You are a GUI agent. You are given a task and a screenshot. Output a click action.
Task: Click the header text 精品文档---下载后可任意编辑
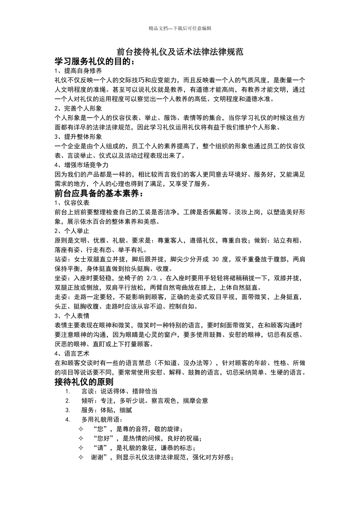(x=180, y=28)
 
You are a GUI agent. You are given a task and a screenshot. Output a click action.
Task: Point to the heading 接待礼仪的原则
(x=84, y=382)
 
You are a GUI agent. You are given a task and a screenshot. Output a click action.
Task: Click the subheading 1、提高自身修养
(x=78, y=71)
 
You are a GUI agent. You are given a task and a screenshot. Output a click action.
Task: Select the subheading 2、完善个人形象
(x=78, y=108)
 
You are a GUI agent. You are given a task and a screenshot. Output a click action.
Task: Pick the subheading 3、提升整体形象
(x=78, y=137)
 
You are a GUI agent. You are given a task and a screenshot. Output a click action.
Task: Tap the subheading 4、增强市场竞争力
(x=81, y=165)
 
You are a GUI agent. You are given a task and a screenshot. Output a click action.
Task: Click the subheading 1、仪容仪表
(x=72, y=203)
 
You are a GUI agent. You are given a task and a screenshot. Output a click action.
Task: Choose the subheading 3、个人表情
(x=72, y=316)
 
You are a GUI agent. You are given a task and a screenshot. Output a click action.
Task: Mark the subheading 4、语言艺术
(x=72, y=354)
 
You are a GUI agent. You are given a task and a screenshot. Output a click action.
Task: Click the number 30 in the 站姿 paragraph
(x=216, y=259)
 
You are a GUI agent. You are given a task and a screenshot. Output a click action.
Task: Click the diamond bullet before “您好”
(x=81, y=439)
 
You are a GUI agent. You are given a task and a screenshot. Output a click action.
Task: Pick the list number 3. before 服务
(x=68, y=410)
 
